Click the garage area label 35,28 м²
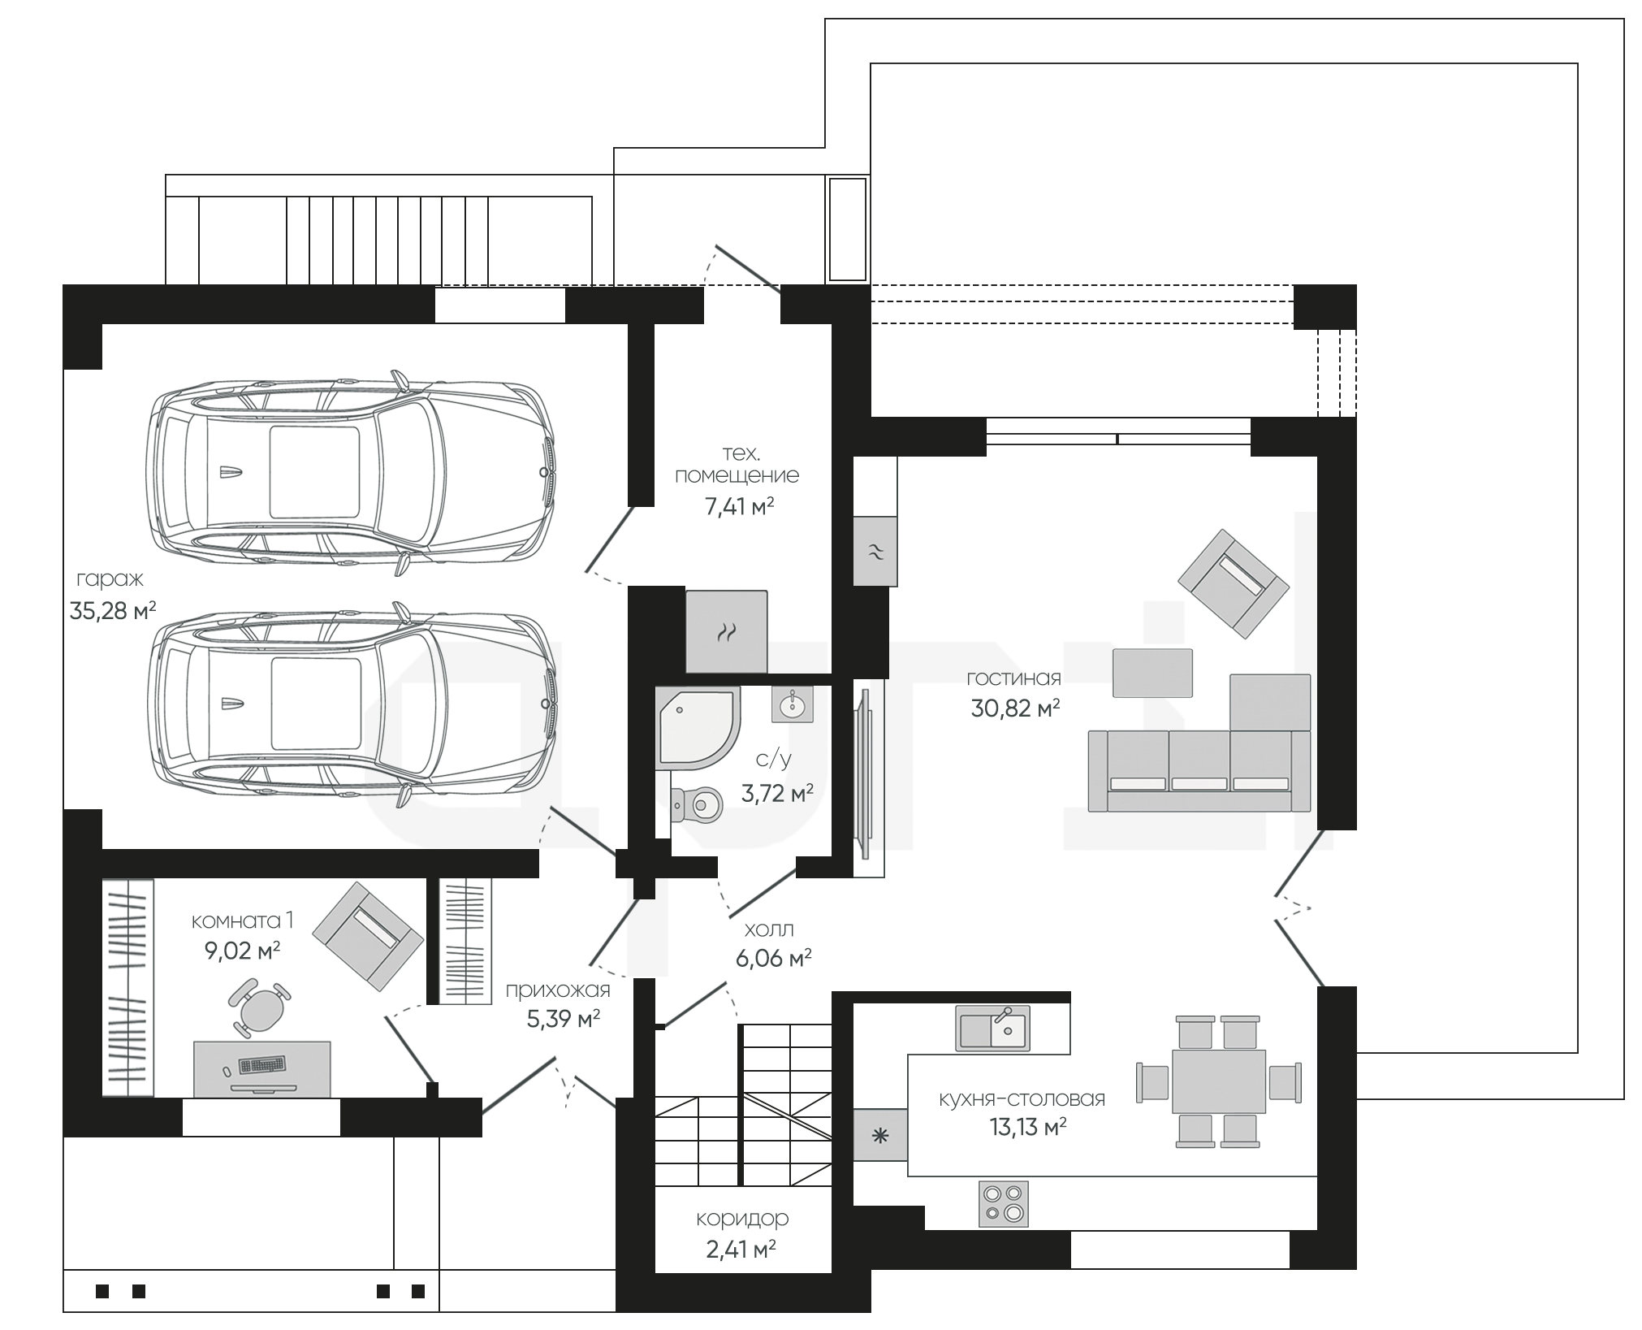113,610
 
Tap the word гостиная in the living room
1013,678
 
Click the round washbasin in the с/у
791,704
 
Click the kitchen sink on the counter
992,1029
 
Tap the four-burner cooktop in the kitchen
1004,1204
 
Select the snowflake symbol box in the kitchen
880,1135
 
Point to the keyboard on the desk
261,1065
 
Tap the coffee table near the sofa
1152,673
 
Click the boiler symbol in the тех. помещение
726,631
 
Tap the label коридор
742,1219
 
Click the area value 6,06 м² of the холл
773,959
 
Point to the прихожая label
558,990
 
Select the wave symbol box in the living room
875,551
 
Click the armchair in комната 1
368,937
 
